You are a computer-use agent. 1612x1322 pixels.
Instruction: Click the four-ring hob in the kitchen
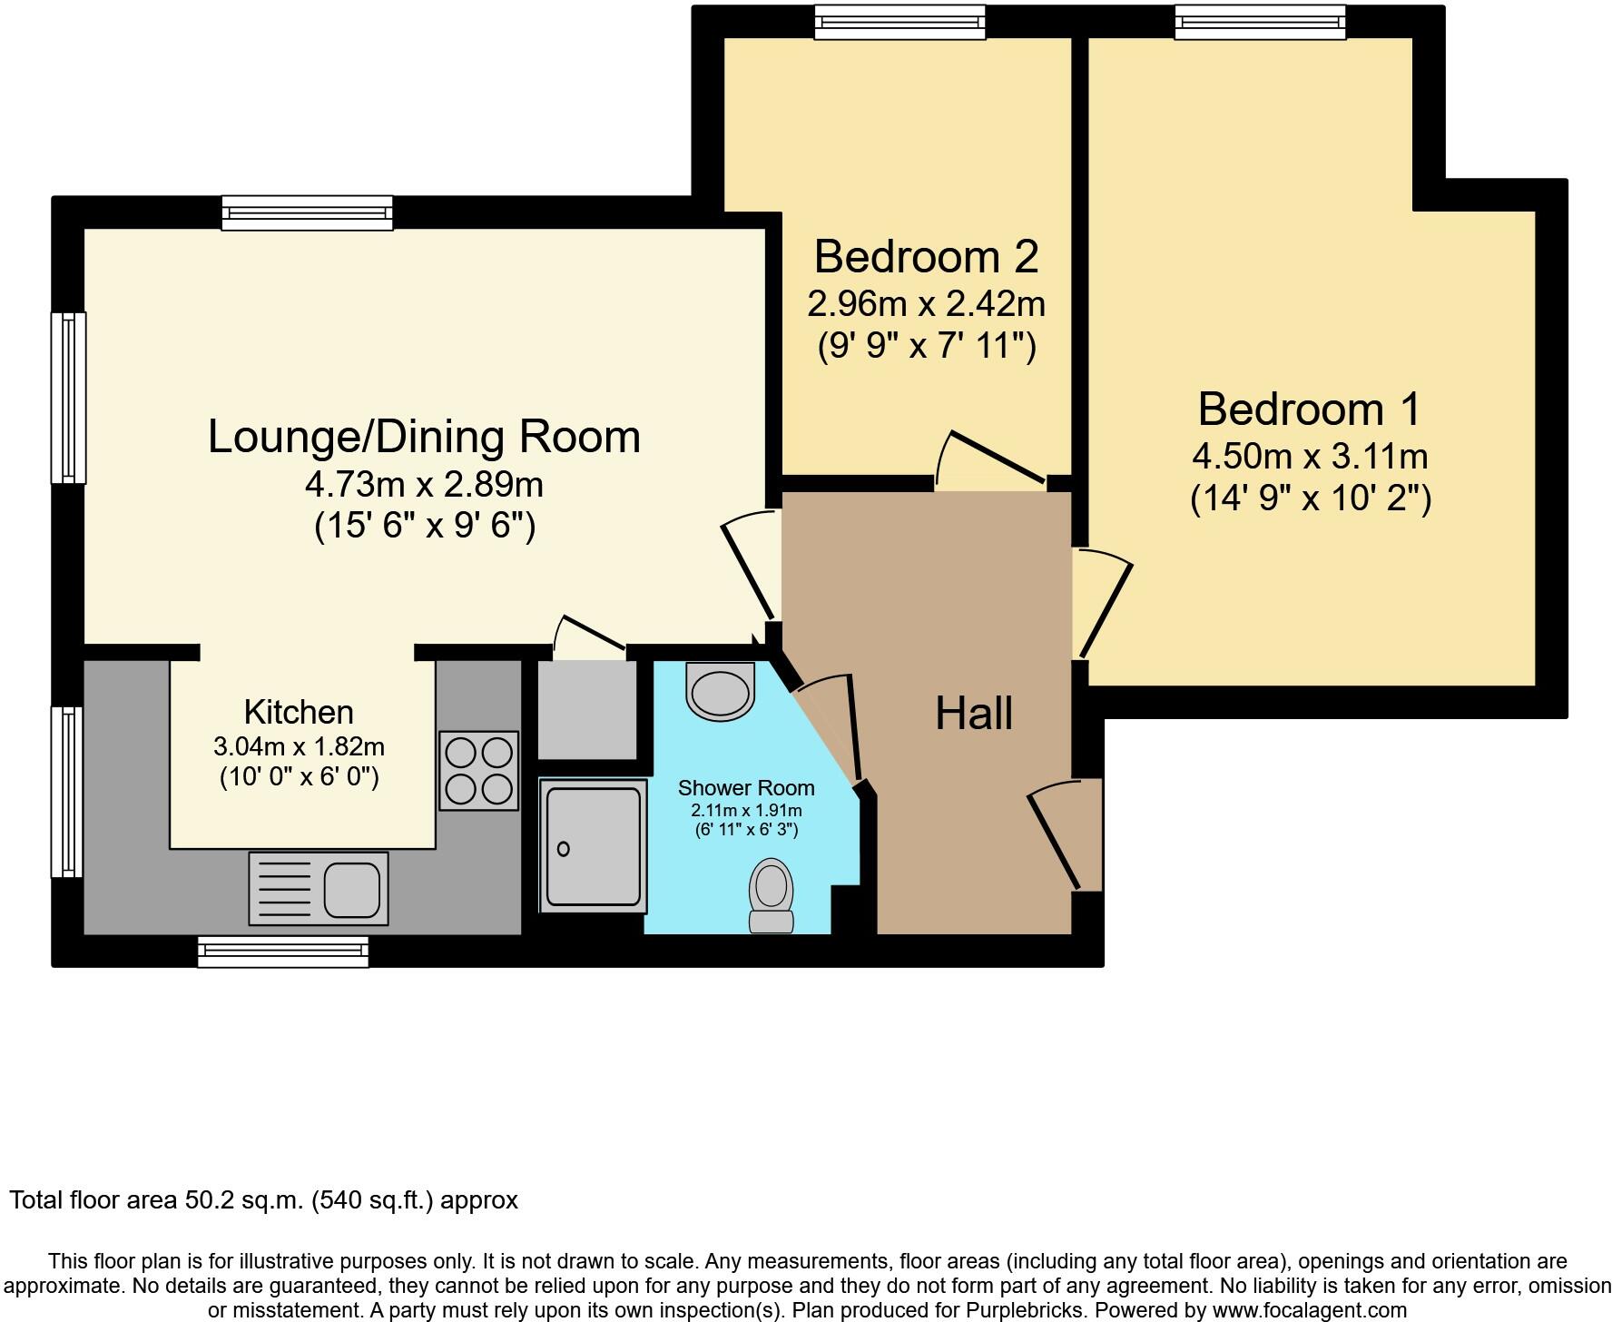click(x=478, y=770)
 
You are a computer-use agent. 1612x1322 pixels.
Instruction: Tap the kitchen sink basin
click(x=352, y=889)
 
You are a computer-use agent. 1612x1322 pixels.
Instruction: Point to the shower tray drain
click(x=564, y=849)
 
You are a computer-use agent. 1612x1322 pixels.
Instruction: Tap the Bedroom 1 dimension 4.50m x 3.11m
click(x=1310, y=456)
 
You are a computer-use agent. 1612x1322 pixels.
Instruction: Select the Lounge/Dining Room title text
click(x=424, y=436)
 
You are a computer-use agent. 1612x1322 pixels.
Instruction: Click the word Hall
click(x=974, y=714)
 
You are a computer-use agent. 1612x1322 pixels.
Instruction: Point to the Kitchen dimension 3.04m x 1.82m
click(x=299, y=747)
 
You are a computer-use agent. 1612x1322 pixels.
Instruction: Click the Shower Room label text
click(x=746, y=788)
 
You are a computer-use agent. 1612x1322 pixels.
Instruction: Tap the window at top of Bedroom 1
click(x=1260, y=22)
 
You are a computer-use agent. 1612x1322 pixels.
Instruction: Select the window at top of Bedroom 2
click(x=899, y=22)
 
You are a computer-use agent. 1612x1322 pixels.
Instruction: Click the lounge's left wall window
click(x=68, y=397)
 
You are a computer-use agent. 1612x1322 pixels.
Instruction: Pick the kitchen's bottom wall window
click(x=283, y=951)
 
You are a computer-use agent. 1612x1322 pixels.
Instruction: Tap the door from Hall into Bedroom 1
click(x=1104, y=604)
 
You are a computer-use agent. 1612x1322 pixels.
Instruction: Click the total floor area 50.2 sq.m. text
click(x=263, y=1200)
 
